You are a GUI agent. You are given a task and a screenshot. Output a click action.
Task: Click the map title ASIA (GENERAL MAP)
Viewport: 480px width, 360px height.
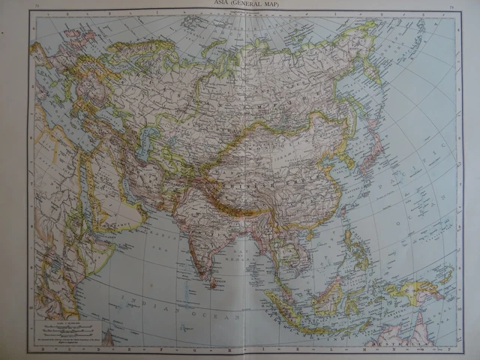[240, 7]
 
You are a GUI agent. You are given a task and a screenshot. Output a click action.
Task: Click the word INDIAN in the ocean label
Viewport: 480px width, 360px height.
[146, 307]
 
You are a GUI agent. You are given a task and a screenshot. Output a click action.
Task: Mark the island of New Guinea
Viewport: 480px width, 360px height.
[420, 289]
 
